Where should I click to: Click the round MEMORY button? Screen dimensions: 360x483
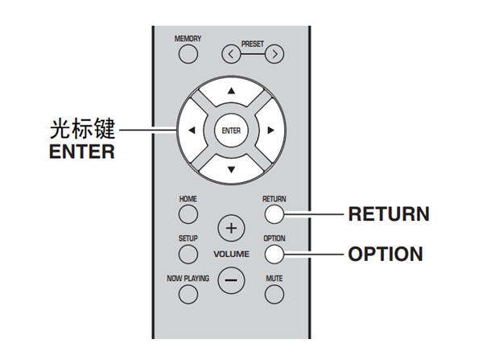[x=188, y=55]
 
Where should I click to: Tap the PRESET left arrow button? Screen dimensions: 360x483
[x=232, y=55]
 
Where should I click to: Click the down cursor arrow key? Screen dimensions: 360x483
[x=231, y=169]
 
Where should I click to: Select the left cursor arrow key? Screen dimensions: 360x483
[x=192, y=130]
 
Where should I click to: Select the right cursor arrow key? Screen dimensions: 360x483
[x=270, y=130]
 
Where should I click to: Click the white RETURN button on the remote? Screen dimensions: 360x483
[x=274, y=214]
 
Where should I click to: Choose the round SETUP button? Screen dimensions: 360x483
[x=188, y=254]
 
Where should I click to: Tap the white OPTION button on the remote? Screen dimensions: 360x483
[x=274, y=254]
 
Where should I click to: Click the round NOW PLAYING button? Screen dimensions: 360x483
[x=188, y=294]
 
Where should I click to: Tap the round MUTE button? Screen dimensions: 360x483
[x=274, y=294]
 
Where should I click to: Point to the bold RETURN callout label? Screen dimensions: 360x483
[x=388, y=214]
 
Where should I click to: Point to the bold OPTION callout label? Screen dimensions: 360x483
[x=385, y=254]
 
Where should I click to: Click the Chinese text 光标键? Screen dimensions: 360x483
[x=80, y=129]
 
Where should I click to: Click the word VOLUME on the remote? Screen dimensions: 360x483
[x=231, y=254]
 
